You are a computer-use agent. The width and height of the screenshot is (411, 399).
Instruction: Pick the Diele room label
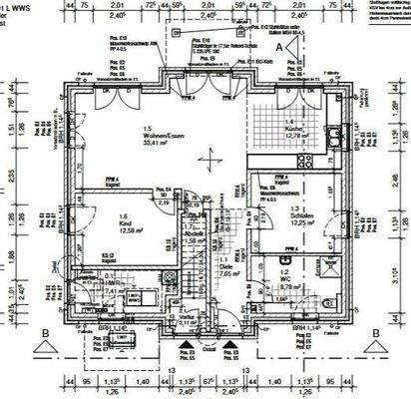point(228,265)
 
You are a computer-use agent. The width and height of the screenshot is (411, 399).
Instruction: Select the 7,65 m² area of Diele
point(228,272)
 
